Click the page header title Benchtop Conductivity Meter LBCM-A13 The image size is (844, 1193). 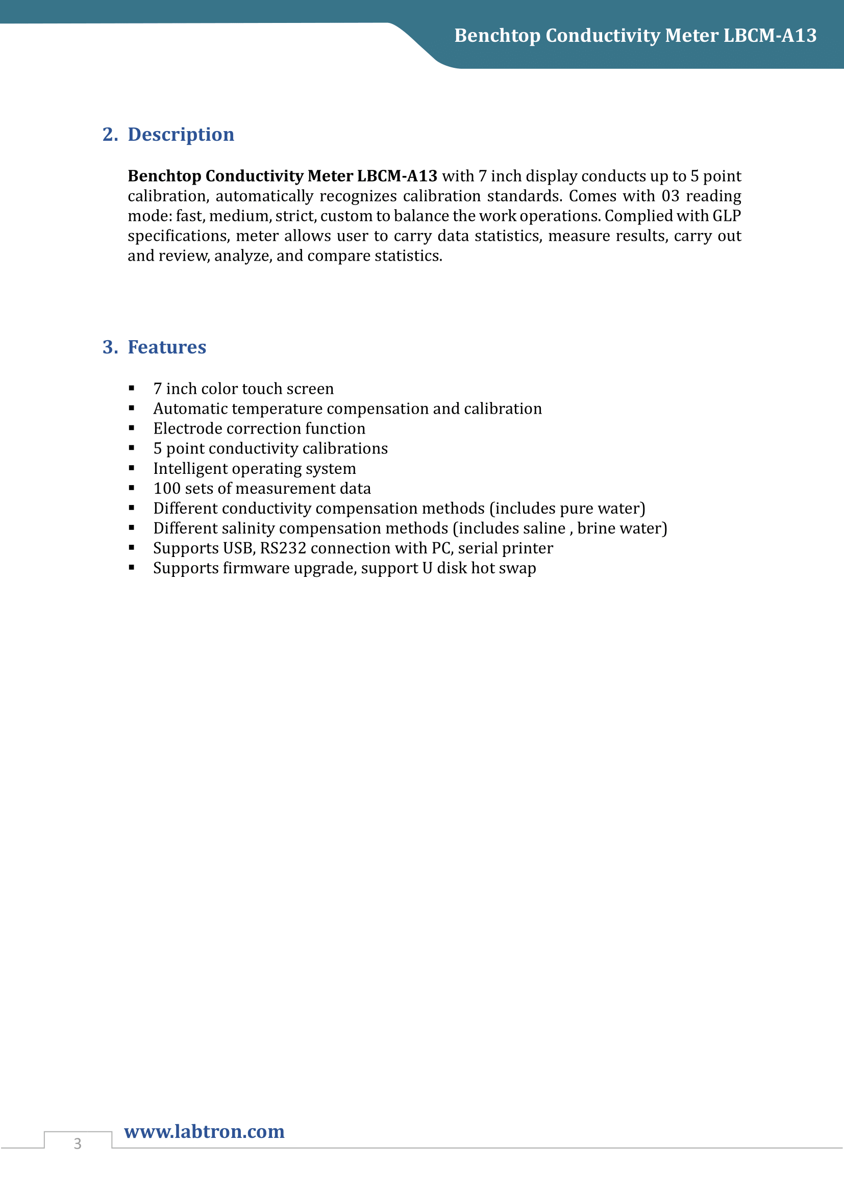pos(635,35)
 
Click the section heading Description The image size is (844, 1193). pos(181,135)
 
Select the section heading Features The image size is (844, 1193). pos(167,347)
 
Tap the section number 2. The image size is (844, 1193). pos(109,135)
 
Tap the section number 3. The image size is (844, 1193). pos(109,347)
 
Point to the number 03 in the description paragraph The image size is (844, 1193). pos(670,196)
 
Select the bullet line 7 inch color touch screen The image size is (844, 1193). pos(243,389)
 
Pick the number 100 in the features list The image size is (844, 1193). pos(166,489)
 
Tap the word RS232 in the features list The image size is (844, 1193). pos(283,548)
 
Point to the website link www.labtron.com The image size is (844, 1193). pos(204,1132)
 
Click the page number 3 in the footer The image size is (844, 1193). pos(78,1144)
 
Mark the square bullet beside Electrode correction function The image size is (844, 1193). pos(132,428)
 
